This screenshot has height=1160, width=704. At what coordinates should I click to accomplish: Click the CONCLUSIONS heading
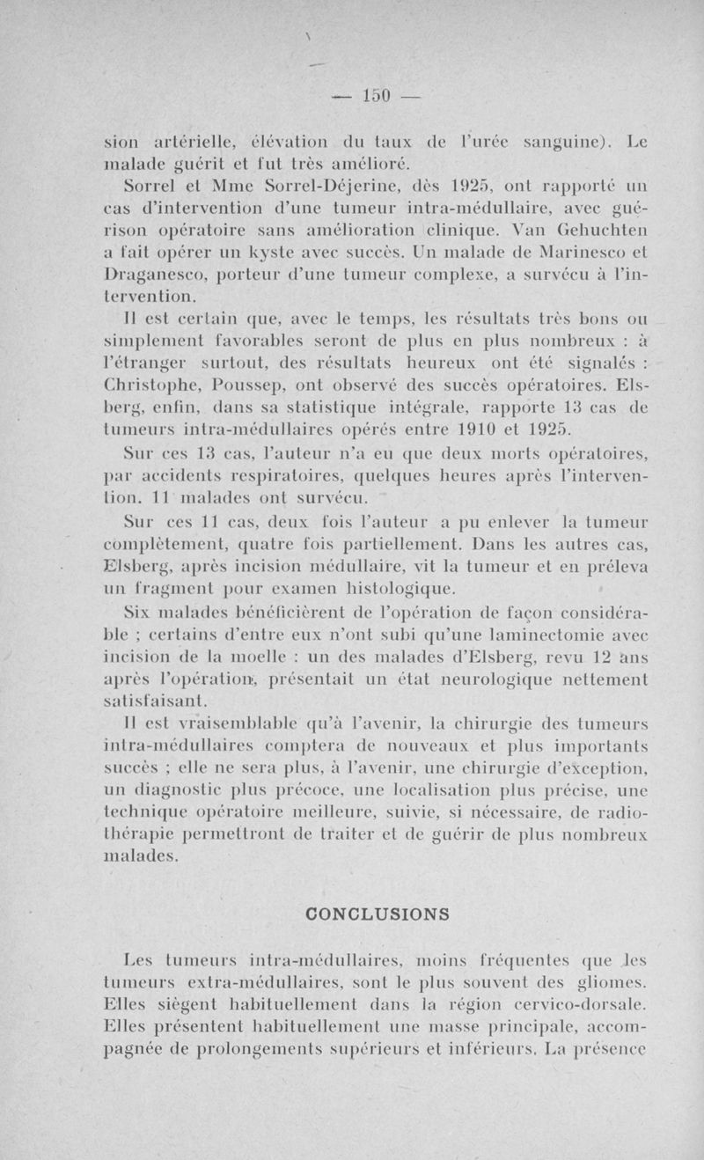click(x=376, y=914)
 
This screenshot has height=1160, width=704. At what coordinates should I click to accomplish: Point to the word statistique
click(x=346, y=407)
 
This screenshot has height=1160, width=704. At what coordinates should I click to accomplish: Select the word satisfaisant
click(x=153, y=701)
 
